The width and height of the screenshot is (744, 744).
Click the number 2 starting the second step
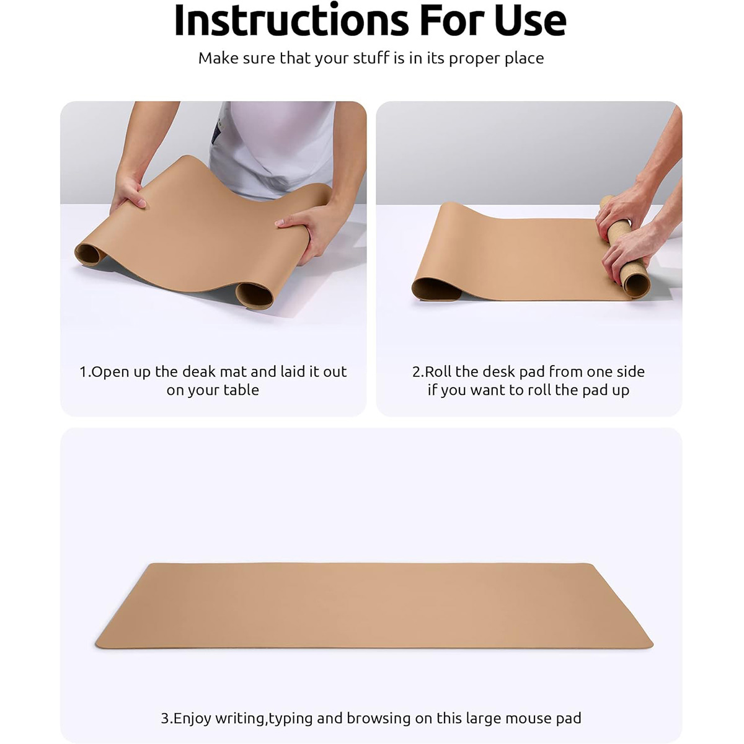tap(417, 372)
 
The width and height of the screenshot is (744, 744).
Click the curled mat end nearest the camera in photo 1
tap(254, 295)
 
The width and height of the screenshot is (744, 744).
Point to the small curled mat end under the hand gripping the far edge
tap(89, 254)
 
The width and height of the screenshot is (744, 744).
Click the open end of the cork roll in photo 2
tap(636, 284)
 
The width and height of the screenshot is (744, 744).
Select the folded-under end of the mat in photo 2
tap(436, 290)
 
